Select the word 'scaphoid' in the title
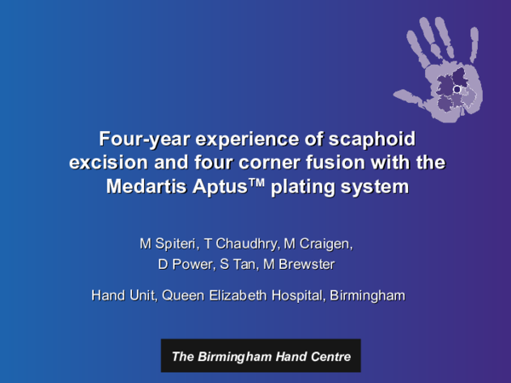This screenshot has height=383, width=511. [378, 136]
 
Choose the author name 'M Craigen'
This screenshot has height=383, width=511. [319, 243]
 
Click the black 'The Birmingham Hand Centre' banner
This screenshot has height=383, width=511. [261, 356]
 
